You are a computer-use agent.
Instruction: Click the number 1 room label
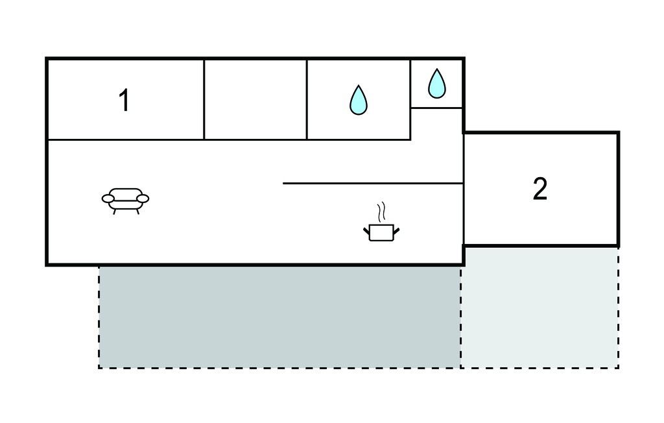point(124,101)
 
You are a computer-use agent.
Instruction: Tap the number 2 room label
point(540,189)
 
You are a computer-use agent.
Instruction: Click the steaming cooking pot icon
point(381,222)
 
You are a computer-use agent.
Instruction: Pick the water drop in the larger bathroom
point(358,100)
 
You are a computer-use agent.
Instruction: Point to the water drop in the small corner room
point(436,84)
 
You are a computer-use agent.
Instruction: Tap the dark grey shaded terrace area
point(279,317)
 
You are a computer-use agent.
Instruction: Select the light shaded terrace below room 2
point(539,308)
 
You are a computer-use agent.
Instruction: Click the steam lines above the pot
point(381,212)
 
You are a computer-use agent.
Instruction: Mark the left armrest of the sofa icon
point(108,199)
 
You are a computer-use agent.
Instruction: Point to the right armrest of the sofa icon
point(143,199)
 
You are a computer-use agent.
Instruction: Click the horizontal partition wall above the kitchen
point(373,184)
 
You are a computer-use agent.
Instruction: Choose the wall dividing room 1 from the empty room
point(204,100)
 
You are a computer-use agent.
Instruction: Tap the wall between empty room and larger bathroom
point(307,100)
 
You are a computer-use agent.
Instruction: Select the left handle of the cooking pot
point(367,232)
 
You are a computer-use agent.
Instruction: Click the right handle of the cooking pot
point(396,232)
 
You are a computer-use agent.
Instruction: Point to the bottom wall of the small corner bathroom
point(436,108)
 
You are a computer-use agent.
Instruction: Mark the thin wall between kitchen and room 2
point(464,189)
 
